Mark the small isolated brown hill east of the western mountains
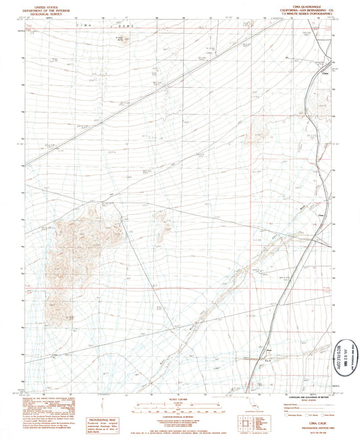pyautogui.click(x=164, y=233)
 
